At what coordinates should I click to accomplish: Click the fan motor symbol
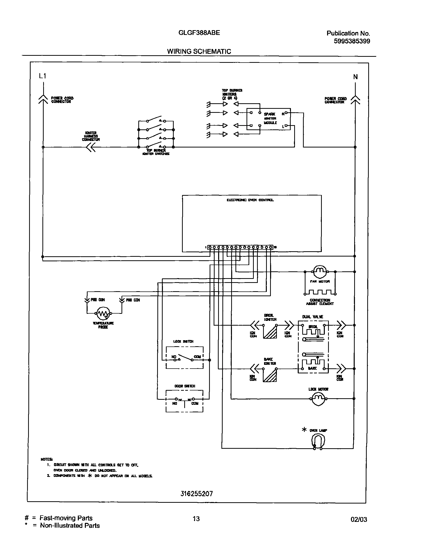(320, 271)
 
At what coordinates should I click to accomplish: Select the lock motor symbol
(318, 398)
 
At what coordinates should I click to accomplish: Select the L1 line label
(42, 76)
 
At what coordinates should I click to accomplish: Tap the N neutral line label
(355, 77)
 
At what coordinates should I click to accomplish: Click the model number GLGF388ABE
(199, 33)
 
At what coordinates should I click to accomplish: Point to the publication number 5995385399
(352, 41)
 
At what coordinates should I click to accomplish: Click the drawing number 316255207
(197, 493)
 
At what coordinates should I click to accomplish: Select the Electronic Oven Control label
(250, 200)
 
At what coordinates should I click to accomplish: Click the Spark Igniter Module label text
(270, 118)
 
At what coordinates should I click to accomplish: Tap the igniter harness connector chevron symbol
(91, 147)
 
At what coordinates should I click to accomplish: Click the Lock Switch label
(183, 341)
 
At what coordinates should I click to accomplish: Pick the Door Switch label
(185, 386)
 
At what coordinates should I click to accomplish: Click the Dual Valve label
(313, 317)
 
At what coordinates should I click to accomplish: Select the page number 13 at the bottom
(196, 519)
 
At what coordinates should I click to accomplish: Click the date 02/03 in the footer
(359, 519)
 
